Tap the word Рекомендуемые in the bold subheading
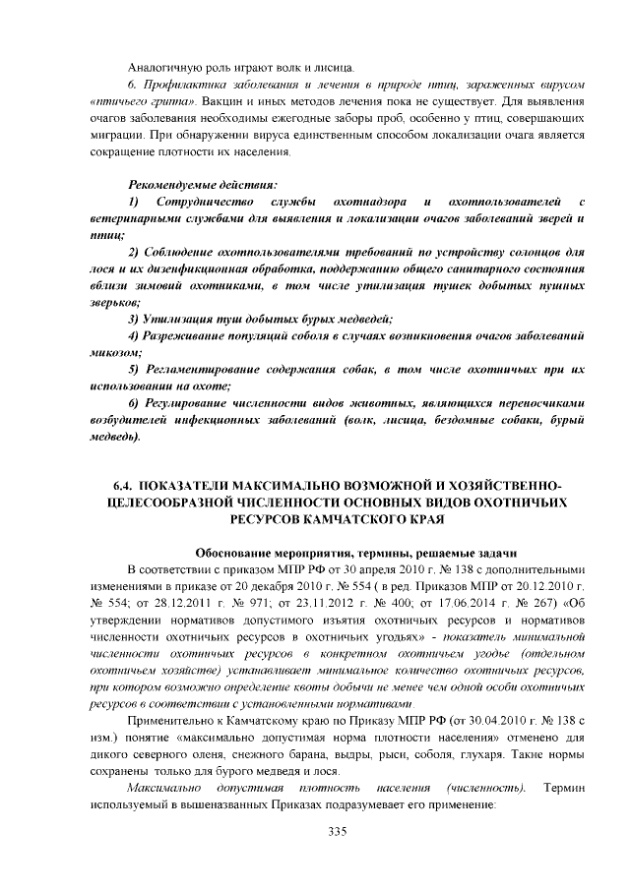tap(171, 184)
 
